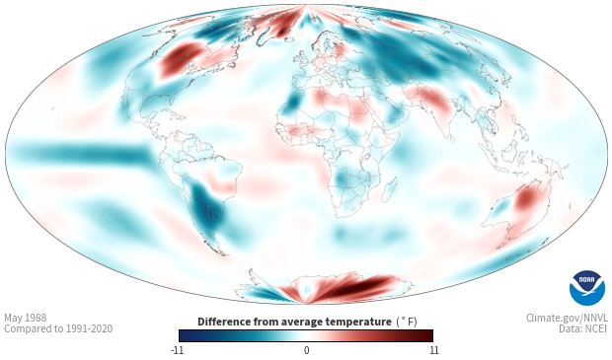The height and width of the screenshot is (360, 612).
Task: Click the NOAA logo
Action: tap(587, 288)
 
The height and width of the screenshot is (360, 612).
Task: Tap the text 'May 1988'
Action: tap(26, 318)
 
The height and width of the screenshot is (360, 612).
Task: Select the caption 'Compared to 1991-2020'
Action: tap(58, 328)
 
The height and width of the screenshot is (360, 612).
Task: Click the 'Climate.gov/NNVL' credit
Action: tap(567, 318)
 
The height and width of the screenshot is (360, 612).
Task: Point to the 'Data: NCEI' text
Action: tap(583, 328)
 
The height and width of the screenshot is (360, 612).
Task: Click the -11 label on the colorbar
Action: tap(178, 350)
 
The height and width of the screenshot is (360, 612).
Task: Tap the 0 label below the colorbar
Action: tap(306, 350)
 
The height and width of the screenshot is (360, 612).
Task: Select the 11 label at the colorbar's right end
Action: tap(433, 350)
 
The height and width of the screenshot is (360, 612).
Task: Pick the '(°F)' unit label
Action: tap(407, 322)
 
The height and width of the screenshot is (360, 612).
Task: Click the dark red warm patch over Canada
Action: tap(178, 59)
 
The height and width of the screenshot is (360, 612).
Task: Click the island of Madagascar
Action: tap(389, 189)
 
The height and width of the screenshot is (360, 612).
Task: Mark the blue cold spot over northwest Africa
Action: tap(292, 102)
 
